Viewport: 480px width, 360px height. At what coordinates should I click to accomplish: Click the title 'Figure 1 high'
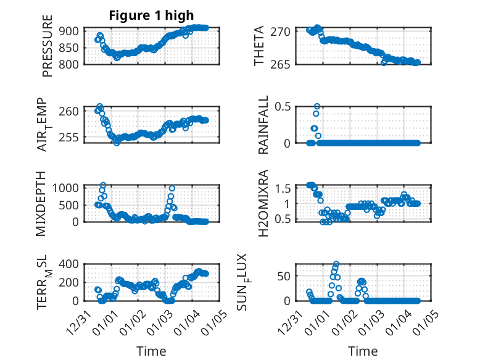click(x=151, y=15)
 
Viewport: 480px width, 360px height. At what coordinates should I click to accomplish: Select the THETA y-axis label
click(x=259, y=46)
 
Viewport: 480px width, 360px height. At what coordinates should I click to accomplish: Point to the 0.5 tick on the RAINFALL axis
click(x=282, y=106)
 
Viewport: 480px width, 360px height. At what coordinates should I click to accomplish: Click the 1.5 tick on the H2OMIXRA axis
click(x=282, y=188)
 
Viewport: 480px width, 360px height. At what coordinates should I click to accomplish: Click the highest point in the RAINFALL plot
click(x=317, y=106)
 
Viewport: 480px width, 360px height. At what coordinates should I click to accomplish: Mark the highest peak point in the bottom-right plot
click(x=336, y=264)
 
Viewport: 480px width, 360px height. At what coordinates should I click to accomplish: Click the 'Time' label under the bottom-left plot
click(x=151, y=351)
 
